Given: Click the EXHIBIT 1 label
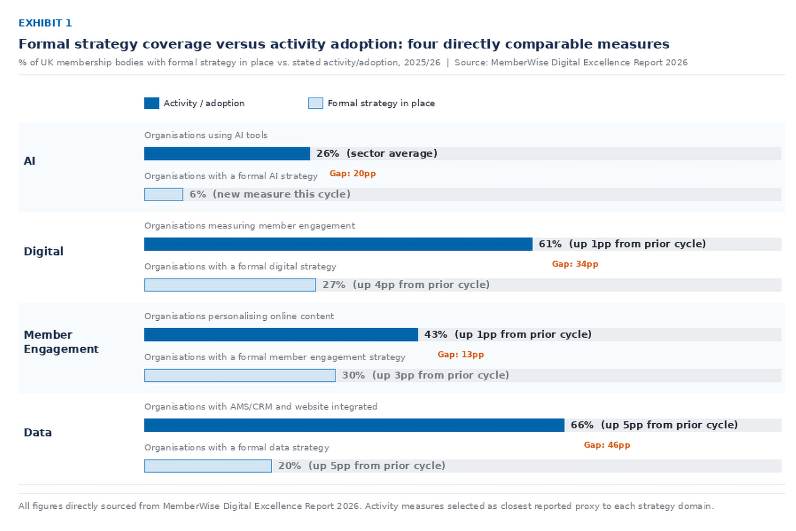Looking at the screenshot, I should point(45,23).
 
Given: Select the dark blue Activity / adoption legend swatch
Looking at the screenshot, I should point(152,103).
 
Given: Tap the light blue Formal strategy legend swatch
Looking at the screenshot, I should point(316,103).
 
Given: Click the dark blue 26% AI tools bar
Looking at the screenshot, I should point(227,153).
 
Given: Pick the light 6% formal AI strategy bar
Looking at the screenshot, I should point(163,194).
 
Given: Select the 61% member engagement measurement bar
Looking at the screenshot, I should point(338,244).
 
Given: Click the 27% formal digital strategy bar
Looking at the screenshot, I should point(230,285).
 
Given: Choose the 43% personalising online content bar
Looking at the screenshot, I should point(281,335).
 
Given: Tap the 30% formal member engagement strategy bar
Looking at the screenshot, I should point(240,375).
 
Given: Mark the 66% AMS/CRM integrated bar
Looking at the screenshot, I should point(354,425).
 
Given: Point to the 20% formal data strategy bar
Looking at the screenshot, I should point(208,466).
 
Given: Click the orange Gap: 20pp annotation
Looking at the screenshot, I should point(352,174).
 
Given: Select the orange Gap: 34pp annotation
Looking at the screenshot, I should point(575,264).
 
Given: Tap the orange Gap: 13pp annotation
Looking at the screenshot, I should point(461,354).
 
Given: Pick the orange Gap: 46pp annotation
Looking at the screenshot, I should point(607,445).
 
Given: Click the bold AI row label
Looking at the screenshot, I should point(30,161).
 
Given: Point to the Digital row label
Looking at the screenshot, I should point(44,251).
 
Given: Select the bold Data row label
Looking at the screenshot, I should point(38,432).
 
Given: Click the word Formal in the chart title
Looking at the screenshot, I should point(44,44).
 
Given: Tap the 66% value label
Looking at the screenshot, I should point(582,425).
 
